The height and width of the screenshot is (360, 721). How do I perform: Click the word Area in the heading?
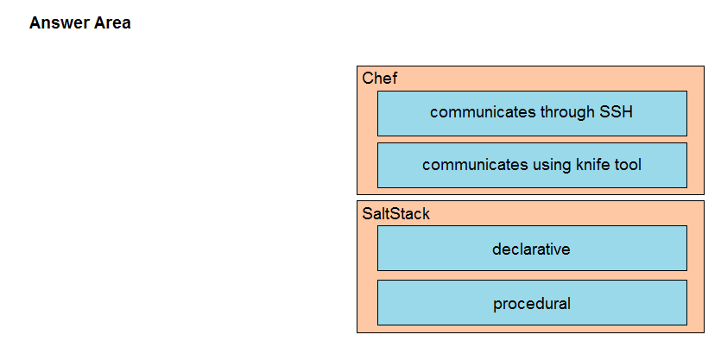(112, 22)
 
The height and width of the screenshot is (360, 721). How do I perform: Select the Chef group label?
(379, 79)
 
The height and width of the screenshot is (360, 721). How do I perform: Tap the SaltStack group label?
(396, 214)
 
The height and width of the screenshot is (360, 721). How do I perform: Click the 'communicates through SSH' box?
(532, 114)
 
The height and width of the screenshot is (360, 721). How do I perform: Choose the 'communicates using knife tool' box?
(532, 165)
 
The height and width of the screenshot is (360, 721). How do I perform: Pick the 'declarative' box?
(532, 248)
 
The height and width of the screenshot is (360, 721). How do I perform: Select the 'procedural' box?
(532, 302)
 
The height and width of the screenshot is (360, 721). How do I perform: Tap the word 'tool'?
(628, 165)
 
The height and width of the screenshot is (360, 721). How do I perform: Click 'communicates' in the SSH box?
(483, 112)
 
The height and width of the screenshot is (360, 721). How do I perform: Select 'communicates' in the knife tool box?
(475, 165)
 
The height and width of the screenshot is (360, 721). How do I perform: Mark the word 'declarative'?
(531, 249)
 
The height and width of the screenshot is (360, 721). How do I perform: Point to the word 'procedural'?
(532, 304)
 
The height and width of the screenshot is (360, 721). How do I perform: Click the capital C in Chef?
(367, 79)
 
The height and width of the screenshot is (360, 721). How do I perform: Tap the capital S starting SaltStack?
(367, 214)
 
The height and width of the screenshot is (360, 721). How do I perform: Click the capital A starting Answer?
(35, 22)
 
